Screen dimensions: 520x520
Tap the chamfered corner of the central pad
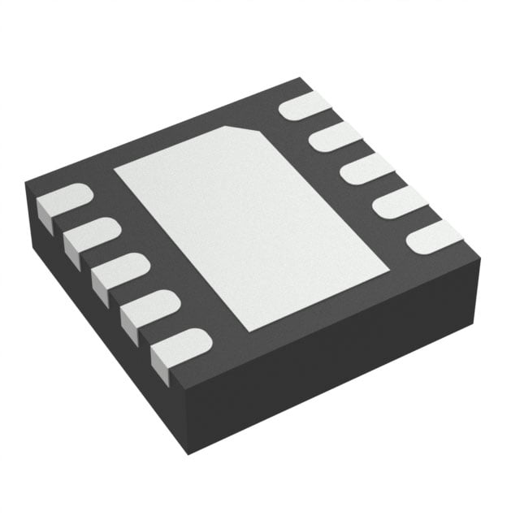point(249,130)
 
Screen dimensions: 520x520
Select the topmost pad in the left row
point(63,200)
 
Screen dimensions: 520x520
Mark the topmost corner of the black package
point(302,78)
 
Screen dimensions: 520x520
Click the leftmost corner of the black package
point(25,183)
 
